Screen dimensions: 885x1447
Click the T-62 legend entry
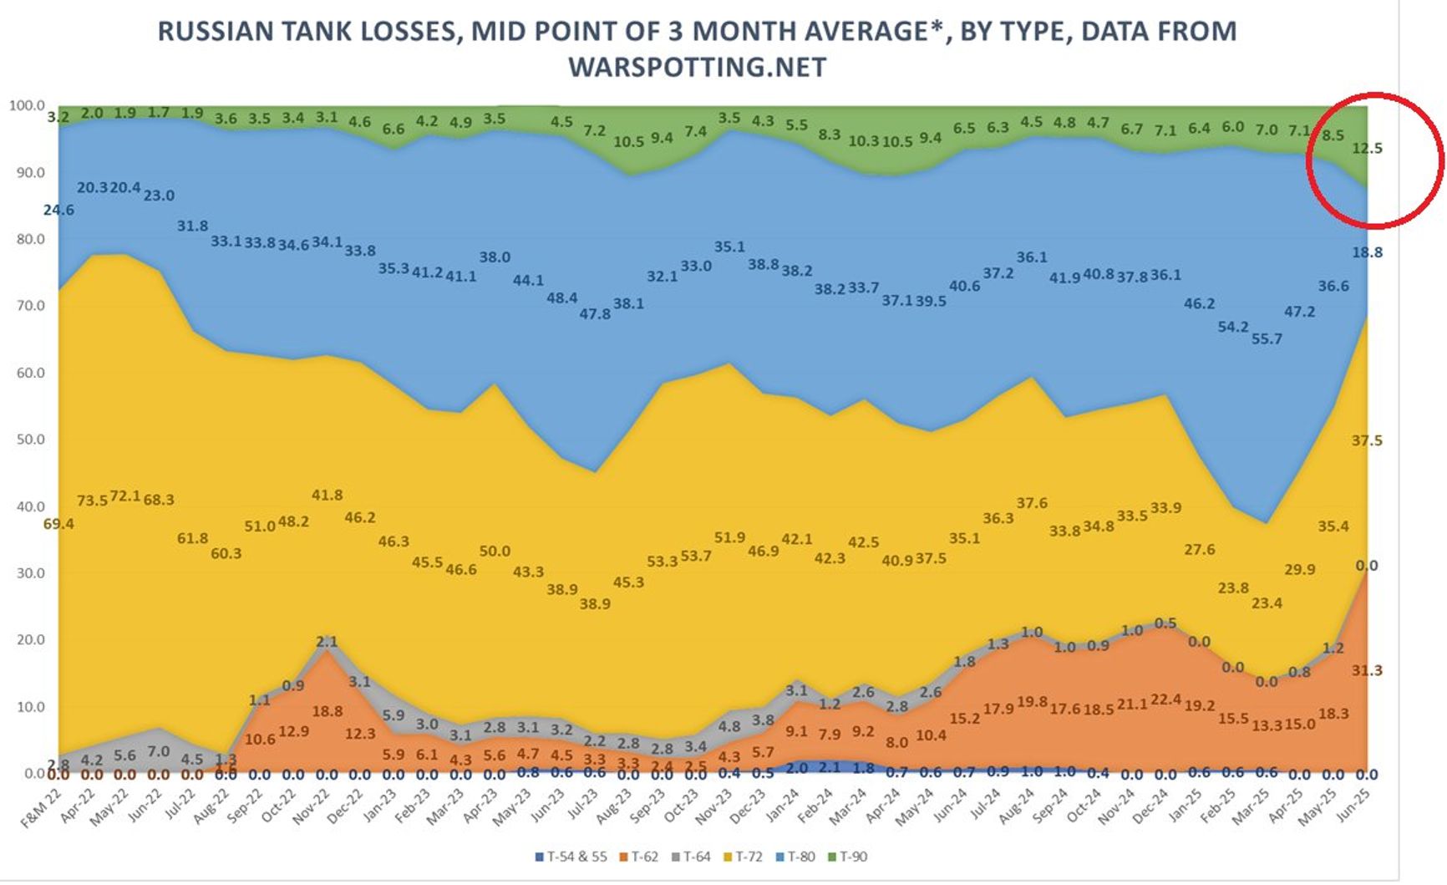point(643,857)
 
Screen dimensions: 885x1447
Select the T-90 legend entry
point(852,857)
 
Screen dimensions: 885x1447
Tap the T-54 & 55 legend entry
point(576,857)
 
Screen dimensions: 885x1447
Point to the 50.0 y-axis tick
point(30,440)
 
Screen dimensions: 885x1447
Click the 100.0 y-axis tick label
point(27,105)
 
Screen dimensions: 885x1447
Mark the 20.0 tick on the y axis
point(30,640)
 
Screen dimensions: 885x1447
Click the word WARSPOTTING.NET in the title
point(698,67)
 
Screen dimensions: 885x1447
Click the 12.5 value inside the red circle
point(1367,149)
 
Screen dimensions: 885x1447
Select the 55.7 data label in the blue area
point(1267,338)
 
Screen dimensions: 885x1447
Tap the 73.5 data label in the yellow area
point(92,500)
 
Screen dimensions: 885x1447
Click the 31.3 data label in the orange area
point(1367,670)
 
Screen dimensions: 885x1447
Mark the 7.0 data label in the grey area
point(158,752)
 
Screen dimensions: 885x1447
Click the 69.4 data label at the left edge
point(58,524)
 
